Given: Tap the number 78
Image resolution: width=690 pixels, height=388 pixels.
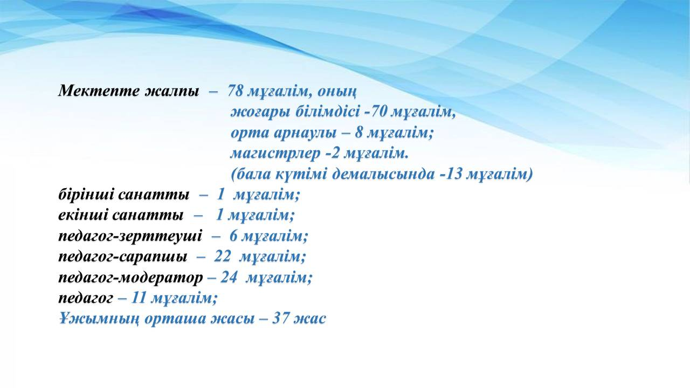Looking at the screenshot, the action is point(236,91).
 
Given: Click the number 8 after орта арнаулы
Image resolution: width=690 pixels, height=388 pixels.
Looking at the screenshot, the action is point(358,133).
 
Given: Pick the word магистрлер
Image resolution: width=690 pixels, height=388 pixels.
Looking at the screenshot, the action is point(275,154).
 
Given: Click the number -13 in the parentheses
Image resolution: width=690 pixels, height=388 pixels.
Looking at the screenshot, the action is point(451,174).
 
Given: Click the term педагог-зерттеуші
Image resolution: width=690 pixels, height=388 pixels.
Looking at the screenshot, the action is point(130,237).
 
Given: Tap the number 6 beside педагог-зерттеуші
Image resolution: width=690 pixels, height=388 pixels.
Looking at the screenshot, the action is point(233,236).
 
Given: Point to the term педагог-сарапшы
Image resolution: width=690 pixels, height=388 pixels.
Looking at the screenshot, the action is point(122,257).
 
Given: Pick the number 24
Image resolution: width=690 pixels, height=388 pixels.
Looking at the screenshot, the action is point(229,278).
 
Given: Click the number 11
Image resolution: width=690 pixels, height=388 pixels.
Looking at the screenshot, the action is point(139,298).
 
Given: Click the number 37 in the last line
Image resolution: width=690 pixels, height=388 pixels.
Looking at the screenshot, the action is point(281,318).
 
